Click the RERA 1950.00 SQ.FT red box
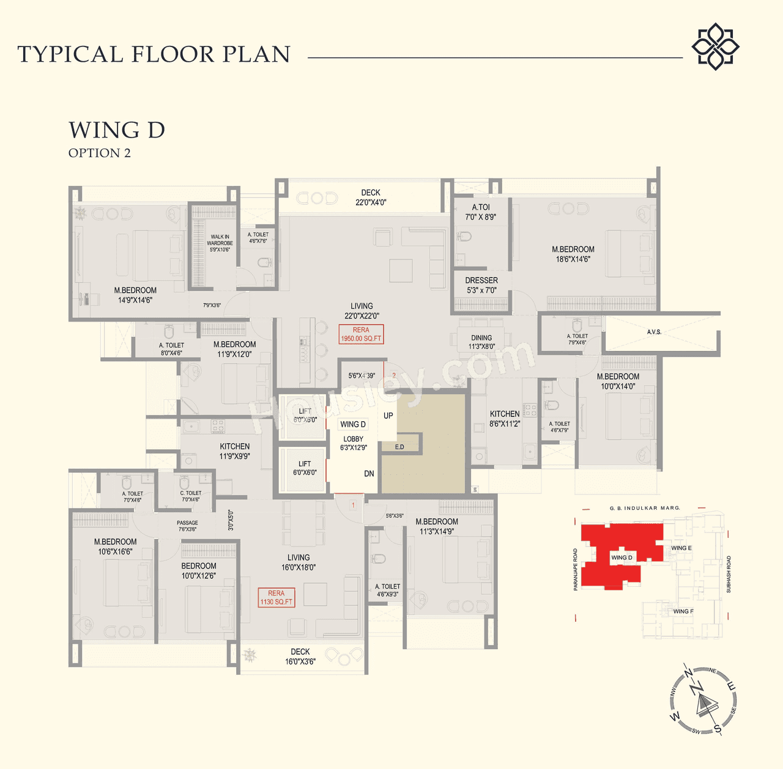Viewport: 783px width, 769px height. (361, 334)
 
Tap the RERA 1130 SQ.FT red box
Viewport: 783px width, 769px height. (276, 598)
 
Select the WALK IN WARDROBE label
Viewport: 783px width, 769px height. (220, 243)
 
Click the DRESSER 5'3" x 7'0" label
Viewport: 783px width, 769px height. (481, 285)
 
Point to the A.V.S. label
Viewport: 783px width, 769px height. (654, 332)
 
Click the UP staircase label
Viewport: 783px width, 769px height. (388, 416)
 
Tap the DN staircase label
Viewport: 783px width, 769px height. (369, 474)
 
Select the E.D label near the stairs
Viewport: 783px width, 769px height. (399, 447)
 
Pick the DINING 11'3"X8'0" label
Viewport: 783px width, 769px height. (481, 342)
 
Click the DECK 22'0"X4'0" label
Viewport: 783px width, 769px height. (371, 197)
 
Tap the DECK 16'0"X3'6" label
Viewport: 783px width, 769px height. (300, 657)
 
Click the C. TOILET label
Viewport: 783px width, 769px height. (191, 496)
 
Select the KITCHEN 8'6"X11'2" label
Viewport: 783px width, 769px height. (505, 419)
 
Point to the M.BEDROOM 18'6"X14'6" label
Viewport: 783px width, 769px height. (573, 254)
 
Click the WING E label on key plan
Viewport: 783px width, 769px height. (681, 548)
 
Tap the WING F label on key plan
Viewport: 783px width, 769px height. (683, 611)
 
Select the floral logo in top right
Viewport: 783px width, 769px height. (715, 46)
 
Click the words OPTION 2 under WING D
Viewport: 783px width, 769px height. (100, 153)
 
